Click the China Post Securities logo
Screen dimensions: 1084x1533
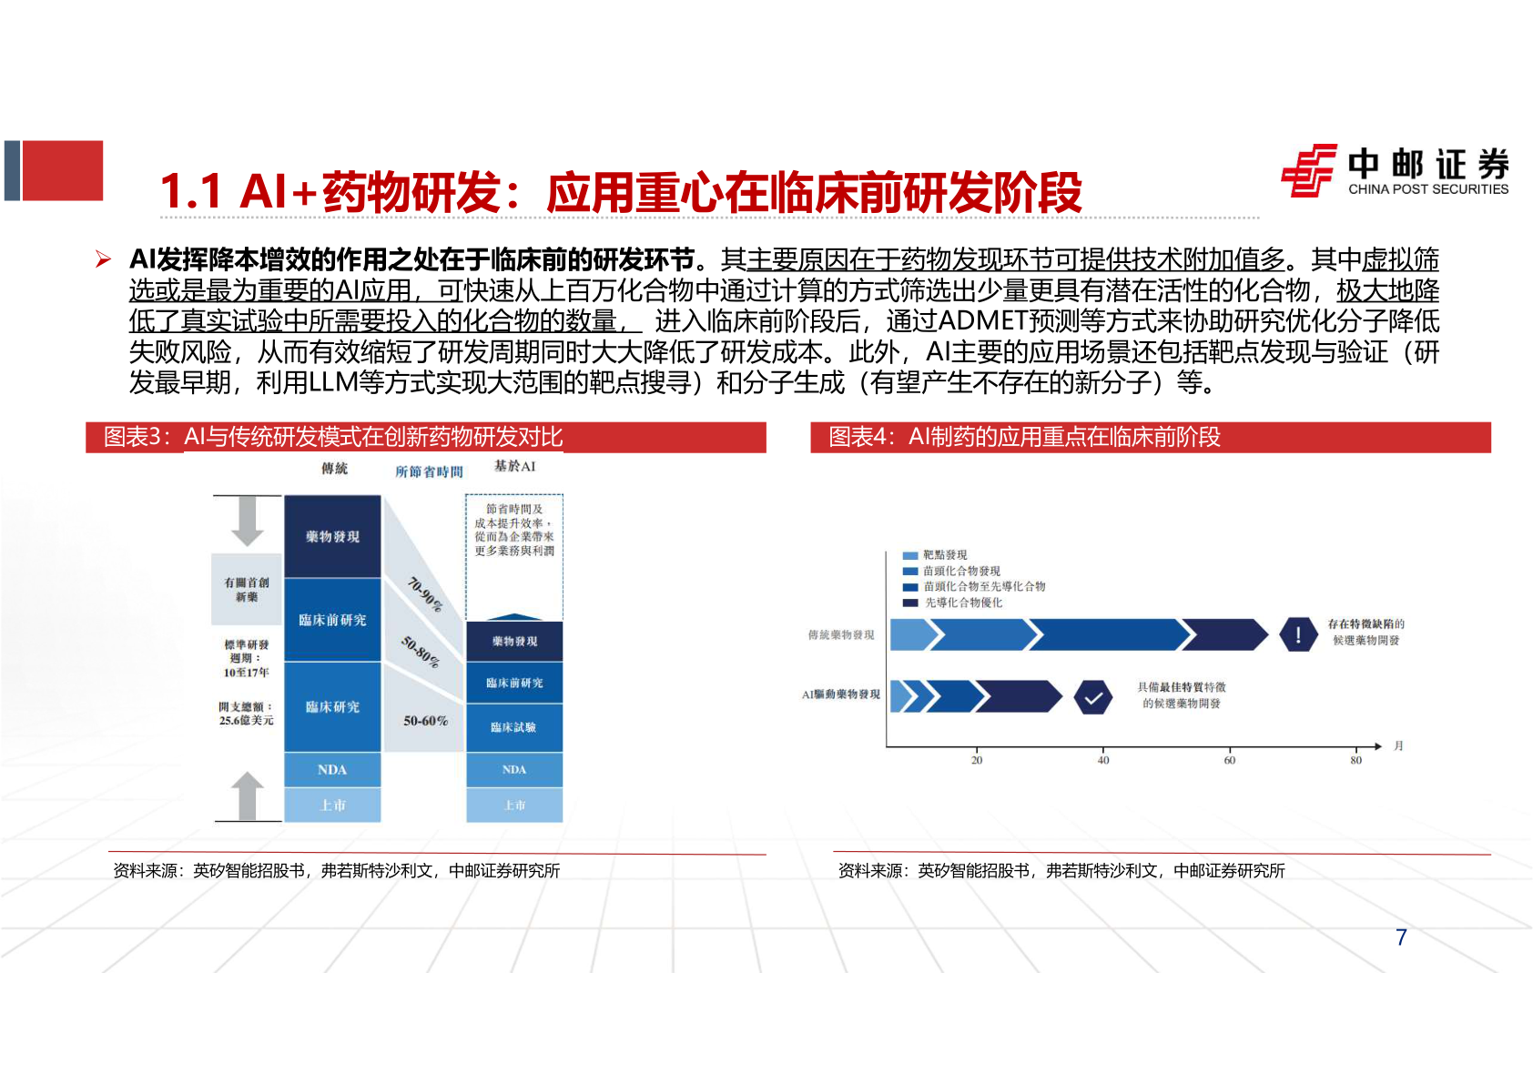pyautogui.click(x=1394, y=170)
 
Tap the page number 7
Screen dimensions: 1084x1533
pyautogui.click(x=1401, y=937)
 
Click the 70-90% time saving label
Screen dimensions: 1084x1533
pyautogui.click(x=424, y=594)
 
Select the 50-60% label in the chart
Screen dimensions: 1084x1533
pyautogui.click(x=425, y=721)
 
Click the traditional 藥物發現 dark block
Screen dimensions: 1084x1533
pyautogui.click(x=332, y=537)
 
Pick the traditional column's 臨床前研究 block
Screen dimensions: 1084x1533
pyautogui.click(x=332, y=620)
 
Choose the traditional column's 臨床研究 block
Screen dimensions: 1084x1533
pyautogui.click(x=332, y=707)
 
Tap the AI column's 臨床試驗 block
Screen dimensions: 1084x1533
pyautogui.click(x=513, y=727)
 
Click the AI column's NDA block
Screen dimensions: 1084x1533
pyautogui.click(x=513, y=770)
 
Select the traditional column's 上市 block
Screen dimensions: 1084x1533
pyautogui.click(x=332, y=805)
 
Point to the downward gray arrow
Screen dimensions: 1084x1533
pyautogui.click(x=247, y=521)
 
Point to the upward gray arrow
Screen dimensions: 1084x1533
pyautogui.click(x=247, y=795)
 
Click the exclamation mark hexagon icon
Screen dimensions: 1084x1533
pyautogui.click(x=1297, y=634)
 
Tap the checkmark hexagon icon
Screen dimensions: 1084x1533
pyautogui.click(x=1092, y=698)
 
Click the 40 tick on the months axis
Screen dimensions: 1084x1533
pyautogui.click(x=1103, y=760)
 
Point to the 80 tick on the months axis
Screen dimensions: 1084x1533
pyautogui.click(x=1355, y=760)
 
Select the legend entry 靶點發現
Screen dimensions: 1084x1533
pyautogui.click(x=944, y=555)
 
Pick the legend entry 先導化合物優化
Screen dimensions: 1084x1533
pyautogui.click(x=962, y=603)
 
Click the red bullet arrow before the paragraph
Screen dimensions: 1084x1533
pyautogui.click(x=104, y=260)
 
